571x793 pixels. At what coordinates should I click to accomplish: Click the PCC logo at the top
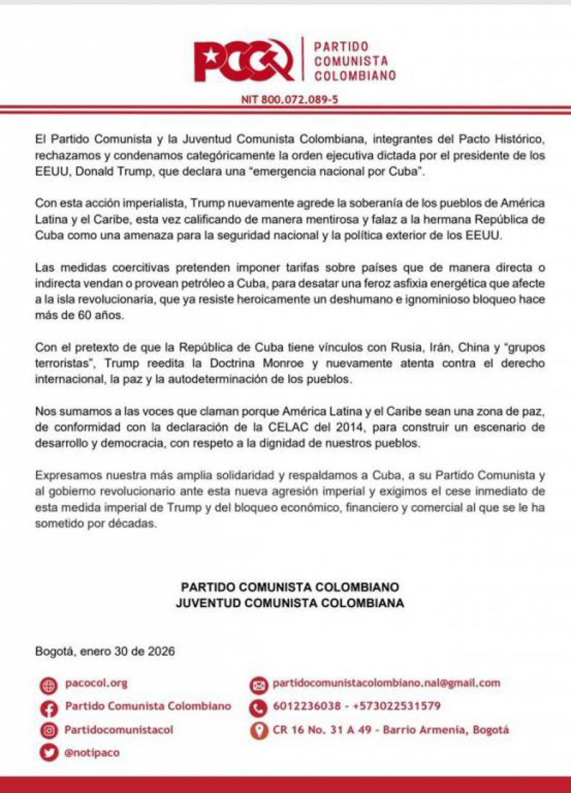pos(244,60)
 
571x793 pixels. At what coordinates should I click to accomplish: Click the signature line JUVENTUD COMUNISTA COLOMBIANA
pos(289,603)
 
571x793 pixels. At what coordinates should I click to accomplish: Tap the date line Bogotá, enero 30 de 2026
pos(105,651)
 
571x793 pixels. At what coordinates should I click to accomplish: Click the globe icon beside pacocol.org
pos(48,685)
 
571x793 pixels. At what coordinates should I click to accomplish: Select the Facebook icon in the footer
pos(48,708)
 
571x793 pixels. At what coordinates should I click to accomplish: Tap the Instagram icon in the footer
pos(48,731)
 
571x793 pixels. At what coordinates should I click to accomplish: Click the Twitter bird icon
pos(48,753)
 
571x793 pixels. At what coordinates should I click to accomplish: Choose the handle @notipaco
pos(92,753)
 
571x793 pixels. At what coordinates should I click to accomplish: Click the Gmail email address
pos(386,683)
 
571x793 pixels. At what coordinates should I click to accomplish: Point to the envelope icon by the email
pos(258,685)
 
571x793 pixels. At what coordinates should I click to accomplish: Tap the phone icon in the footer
pos(258,708)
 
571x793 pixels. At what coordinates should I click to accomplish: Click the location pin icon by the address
pos(258,731)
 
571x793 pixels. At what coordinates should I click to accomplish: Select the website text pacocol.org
pos(96,683)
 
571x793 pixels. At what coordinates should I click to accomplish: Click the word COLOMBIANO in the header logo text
pos(355,75)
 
